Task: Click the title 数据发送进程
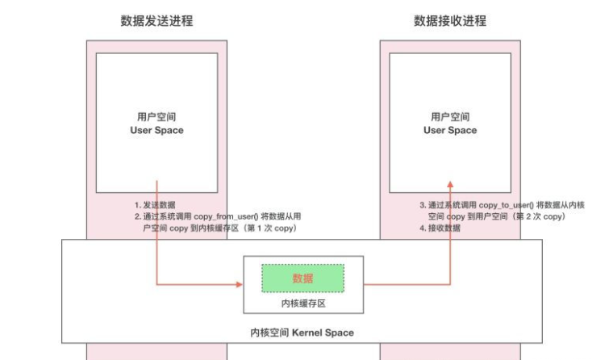pyautogui.click(x=156, y=21)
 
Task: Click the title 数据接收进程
pyautogui.click(x=450, y=21)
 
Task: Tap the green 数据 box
pyautogui.click(x=302, y=278)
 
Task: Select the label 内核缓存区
pyautogui.click(x=302, y=303)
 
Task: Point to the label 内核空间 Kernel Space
pyautogui.click(x=302, y=333)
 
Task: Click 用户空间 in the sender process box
pyautogui.click(x=156, y=116)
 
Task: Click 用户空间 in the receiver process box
pyautogui.click(x=450, y=116)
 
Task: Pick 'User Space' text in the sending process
pyautogui.click(x=156, y=130)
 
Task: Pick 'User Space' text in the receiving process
pyautogui.click(x=450, y=130)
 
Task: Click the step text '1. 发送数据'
pyautogui.click(x=155, y=205)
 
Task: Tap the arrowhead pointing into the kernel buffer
pyautogui.click(x=240, y=284)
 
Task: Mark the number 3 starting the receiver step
pyautogui.click(x=423, y=206)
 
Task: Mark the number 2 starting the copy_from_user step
pyautogui.click(x=136, y=217)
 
